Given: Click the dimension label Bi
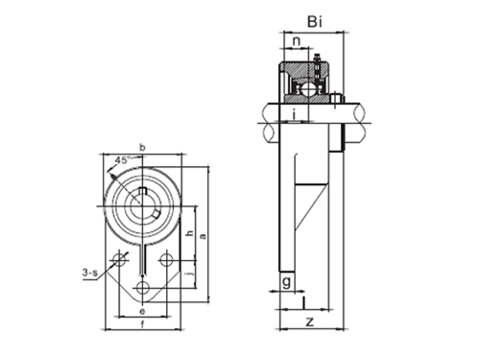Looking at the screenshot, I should tap(312, 20).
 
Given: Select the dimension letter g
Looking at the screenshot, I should tap(286, 280).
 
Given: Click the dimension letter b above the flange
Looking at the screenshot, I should tap(142, 147).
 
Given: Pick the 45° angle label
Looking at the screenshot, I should tap(123, 160).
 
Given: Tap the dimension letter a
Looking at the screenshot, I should tap(204, 234).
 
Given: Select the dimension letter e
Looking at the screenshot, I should tap(142, 312).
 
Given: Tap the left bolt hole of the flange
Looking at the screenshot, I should tap(119, 259).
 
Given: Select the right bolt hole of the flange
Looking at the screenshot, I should tap(166, 259).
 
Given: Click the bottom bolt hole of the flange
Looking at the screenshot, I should tap(142, 288).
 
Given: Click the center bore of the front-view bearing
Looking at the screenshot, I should tap(142, 203).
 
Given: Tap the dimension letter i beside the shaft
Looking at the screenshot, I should tap(291, 116).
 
